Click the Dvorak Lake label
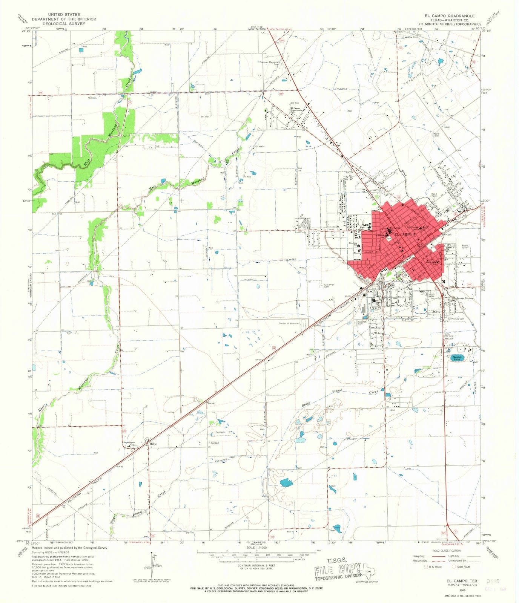[457, 358]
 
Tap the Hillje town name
[153, 444]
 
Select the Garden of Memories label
[289, 323]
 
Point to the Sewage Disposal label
[465, 298]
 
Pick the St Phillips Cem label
[456, 319]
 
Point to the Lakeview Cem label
[410, 37]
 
